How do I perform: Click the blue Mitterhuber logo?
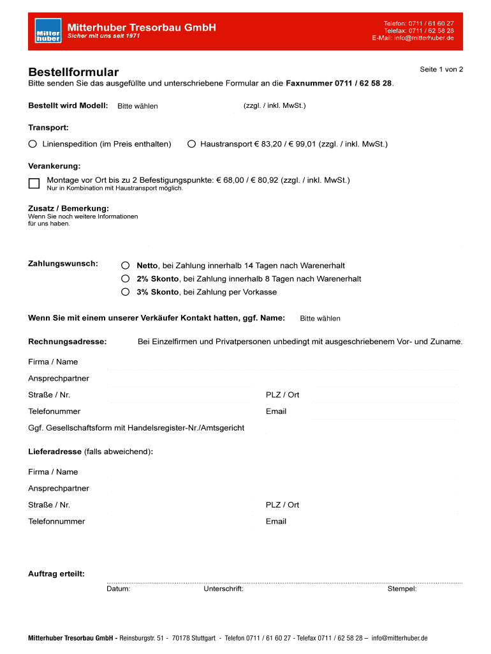coord(48,31)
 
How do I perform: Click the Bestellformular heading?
coord(73,73)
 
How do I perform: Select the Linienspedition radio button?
coord(33,144)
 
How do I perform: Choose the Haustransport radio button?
coord(191,144)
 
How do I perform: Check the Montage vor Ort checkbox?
coord(34,183)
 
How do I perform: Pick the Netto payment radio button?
coord(126,265)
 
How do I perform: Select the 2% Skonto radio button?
coord(126,278)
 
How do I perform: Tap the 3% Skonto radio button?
coord(126,292)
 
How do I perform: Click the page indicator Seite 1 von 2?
coord(441,69)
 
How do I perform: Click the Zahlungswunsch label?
coord(63,263)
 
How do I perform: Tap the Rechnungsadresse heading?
coord(68,342)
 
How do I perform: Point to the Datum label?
coord(119,589)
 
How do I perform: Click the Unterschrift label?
coord(223,589)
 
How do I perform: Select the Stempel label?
coord(402,589)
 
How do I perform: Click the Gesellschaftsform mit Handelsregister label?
coord(136,427)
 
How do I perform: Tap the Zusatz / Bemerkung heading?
coord(68,209)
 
